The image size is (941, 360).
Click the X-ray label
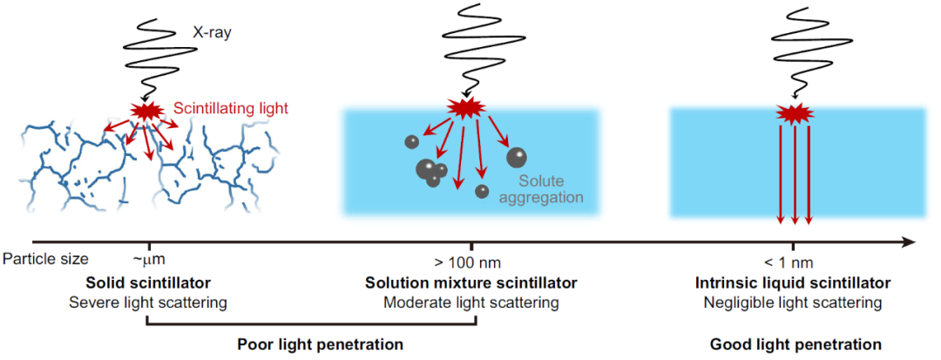click(212, 34)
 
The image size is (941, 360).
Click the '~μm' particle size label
click(148, 261)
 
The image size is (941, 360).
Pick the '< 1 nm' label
click(794, 262)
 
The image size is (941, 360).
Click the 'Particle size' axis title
click(45, 260)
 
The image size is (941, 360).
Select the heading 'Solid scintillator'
click(147, 282)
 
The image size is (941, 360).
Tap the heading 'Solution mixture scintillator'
click(471, 282)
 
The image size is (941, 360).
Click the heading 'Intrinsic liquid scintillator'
click(793, 282)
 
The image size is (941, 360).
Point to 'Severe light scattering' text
click(147, 303)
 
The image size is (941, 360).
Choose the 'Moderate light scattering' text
click(471, 303)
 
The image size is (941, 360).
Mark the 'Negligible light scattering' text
click(793, 303)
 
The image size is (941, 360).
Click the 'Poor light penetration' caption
click(320, 344)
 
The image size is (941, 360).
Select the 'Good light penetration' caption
click(795, 344)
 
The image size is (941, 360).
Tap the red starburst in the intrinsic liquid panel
click(795, 112)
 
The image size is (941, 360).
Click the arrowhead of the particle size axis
click(909, 242)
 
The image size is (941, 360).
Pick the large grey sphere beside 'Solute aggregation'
click(517, 157)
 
